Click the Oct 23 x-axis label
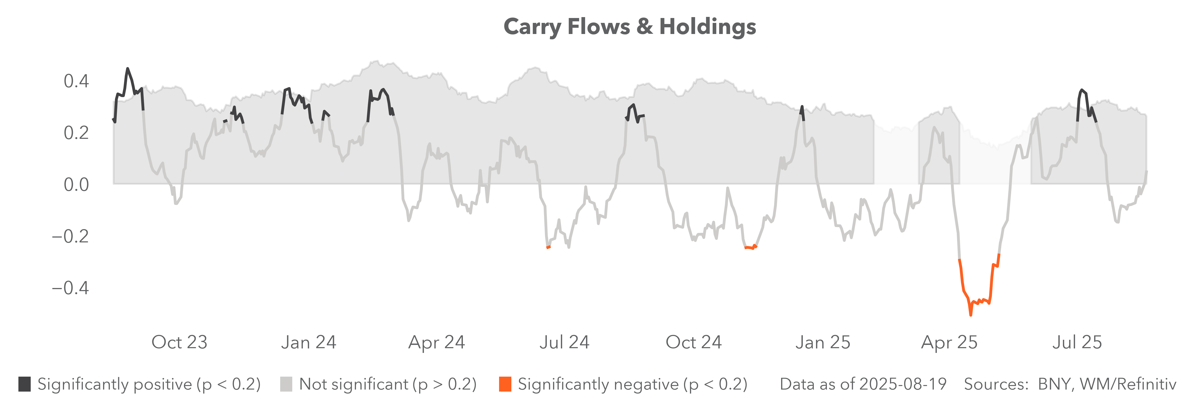coord(179,342)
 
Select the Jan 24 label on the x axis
coord(308,342)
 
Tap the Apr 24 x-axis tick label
coord(436,342)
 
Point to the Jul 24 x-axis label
coord(565,342)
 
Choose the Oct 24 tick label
coord(694,342)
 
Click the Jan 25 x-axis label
coord(823,342)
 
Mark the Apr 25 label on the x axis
coord(949,342)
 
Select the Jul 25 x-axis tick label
coord(1077,342)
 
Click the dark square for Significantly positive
coord(25,384)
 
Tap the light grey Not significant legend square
coord(286,384)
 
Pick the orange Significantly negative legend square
coord(505,384)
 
